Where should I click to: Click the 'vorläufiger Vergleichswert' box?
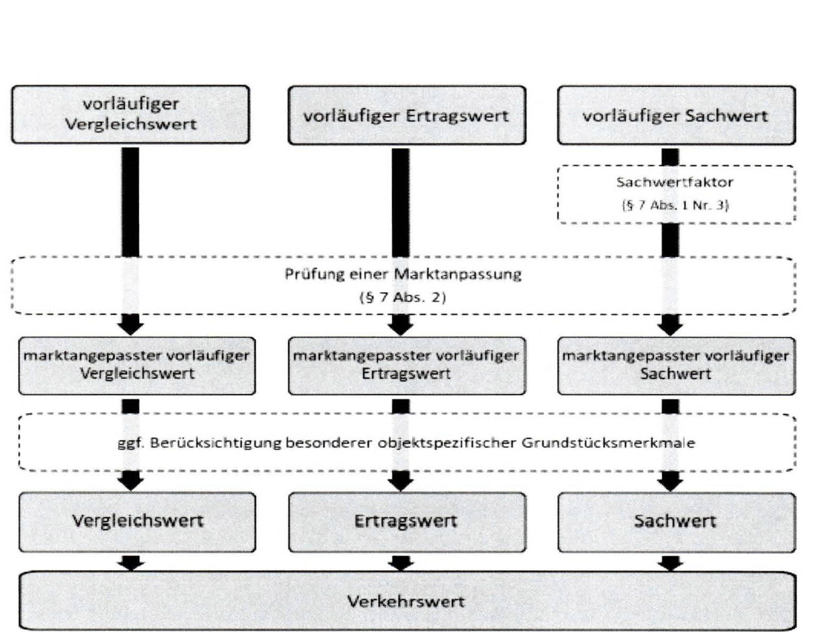click(x=131, y=114)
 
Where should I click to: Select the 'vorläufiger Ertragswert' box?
click(x=407, y=115)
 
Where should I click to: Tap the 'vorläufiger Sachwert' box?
click(x=676, y=115)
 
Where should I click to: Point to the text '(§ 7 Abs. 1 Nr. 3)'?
click(x=675, y=205)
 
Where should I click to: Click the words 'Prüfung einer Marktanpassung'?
click(x=403, y=274)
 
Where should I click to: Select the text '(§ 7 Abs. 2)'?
click(x=403, y=297)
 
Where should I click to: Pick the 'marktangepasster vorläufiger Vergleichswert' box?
click(x=137, y=365)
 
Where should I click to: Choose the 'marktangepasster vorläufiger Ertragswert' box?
click(x=407, y=365)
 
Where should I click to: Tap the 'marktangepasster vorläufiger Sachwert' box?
click(x=676, y=365)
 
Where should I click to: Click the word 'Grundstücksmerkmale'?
click(x=608, y=443)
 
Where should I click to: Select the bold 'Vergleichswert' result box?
click(x=137, y=521)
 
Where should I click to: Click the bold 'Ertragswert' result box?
click(x=407, y=521)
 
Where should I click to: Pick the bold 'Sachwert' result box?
click(x=676, y=521)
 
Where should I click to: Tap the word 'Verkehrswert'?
click(x=406, y=602)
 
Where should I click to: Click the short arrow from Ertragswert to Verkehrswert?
click(x=401, y=562)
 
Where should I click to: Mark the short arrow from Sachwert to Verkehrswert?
click(x=671, y=562)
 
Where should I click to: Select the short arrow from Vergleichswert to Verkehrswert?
click(x=131, y=562)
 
